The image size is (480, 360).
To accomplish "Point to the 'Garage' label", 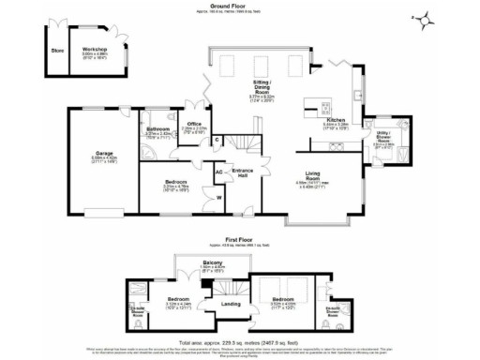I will [104, 154].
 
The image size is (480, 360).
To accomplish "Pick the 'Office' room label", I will [195, 123].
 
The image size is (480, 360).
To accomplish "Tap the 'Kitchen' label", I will [335, 120].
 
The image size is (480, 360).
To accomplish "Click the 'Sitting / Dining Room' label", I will [259, 87].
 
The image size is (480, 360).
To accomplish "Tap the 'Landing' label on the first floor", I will [231, 303].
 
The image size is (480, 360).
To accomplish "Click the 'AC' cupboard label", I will [218, 172].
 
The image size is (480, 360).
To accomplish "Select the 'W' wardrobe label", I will [218, 198].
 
